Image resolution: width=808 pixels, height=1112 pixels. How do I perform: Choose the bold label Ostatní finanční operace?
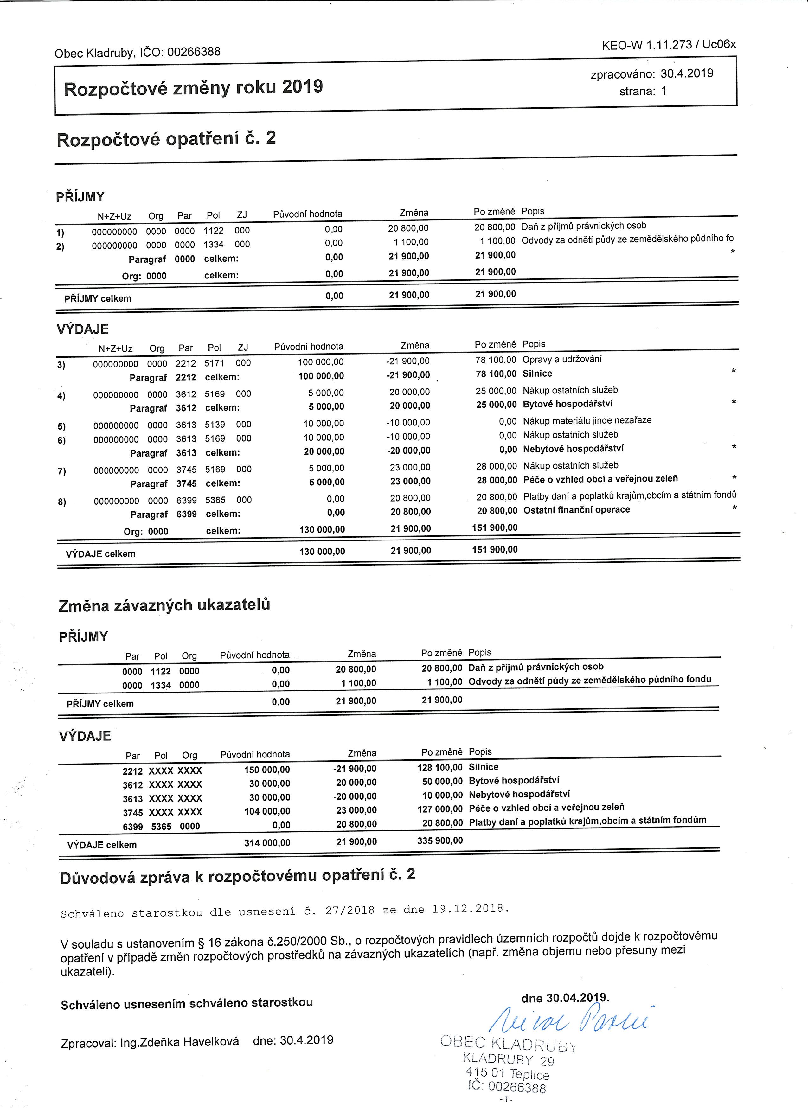[577, 510]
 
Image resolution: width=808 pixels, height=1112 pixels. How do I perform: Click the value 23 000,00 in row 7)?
[410, 467]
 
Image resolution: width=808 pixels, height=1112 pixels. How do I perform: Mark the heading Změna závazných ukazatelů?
[164, 605]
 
